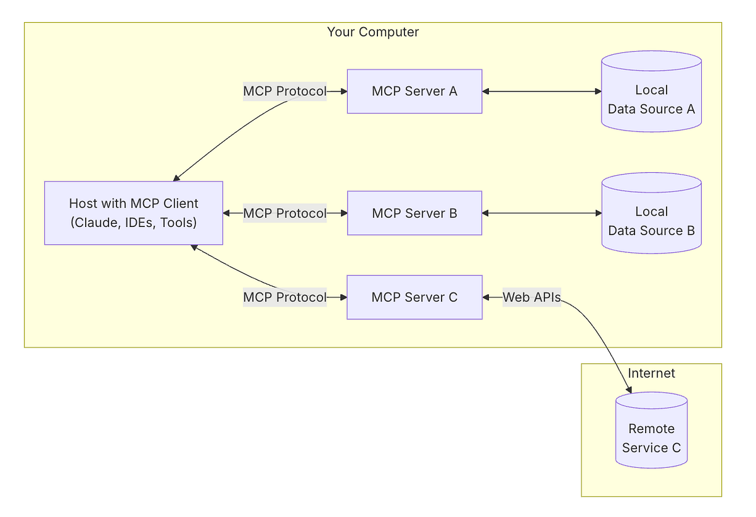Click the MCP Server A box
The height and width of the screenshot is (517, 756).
pos(415,91)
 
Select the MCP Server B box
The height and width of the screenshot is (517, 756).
pos(415,213)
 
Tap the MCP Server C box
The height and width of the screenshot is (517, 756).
pos(415,297)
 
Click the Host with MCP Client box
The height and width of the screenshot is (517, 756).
pos(134,213)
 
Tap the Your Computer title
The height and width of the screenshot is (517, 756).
pos(373,32)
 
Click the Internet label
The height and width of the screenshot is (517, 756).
pos(651,373)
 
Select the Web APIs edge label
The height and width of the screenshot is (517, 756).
pos(532,297)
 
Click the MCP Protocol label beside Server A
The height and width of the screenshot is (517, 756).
pos(285,91)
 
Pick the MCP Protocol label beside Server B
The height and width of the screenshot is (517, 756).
pos(285,213)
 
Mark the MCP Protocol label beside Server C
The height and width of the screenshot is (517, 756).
pos(285,297)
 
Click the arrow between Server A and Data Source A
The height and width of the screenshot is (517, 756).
pos(542,91)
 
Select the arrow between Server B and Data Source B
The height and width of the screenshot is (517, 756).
pos(542,213)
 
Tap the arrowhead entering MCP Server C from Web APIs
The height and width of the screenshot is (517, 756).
pos(486,297)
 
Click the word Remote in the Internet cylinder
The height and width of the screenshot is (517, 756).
pos(651,429)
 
